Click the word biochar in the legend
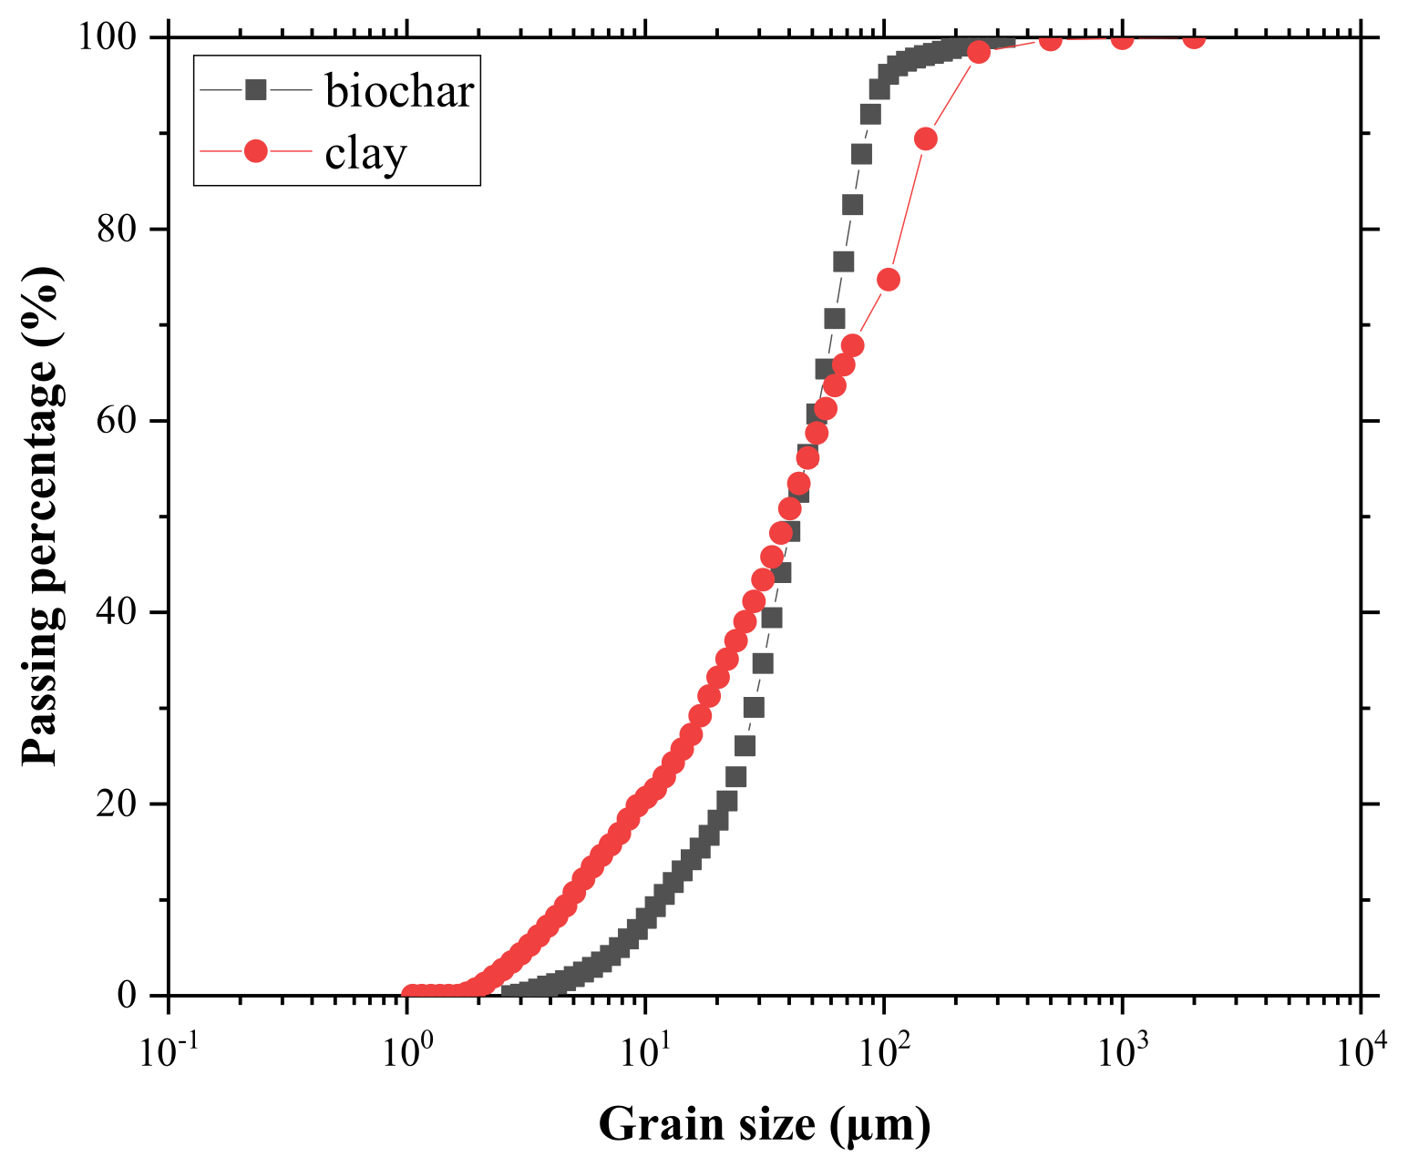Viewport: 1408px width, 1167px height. [x=399, y=91]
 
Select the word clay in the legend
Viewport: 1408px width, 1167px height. [x=365, y=153]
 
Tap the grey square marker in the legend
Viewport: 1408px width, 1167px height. [x=256, y=89]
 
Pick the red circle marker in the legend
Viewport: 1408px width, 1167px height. [x=256, y=151]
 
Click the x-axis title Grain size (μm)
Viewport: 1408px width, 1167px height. [x=765, y=1123]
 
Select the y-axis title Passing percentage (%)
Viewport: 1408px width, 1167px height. [x=43, y=516]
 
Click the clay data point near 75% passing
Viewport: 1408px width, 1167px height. [x=889, y=280]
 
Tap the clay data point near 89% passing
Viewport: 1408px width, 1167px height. [x=926, y=138]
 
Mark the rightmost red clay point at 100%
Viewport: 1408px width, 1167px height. [x=1194, y=38]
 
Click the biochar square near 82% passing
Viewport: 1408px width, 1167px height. [x=852, y=205]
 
